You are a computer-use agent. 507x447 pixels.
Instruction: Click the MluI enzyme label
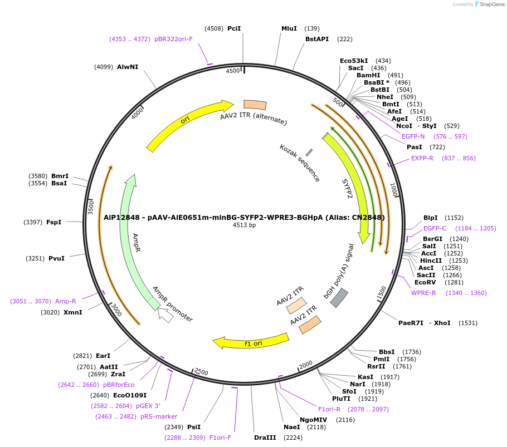pos(289,28)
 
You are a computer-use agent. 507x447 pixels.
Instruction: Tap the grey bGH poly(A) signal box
pos(339,298)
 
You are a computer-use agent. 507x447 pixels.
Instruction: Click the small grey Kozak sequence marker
pos(309,152)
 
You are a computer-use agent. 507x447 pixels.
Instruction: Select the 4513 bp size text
pos(244,225)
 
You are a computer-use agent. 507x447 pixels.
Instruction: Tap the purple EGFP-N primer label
pos(413,136)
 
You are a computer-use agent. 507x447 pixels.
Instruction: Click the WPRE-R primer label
pos(423,293)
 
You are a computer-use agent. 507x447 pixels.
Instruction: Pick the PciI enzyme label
pos(234,28)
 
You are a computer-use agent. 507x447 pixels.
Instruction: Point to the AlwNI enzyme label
pos(128,67)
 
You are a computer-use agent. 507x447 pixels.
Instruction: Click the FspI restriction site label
pos(53,222)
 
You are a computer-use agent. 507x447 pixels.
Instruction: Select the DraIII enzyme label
pos(265,438)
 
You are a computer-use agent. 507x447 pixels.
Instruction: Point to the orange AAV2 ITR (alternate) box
pos(255,105)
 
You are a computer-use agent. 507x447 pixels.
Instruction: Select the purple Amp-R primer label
pos(65,301)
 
